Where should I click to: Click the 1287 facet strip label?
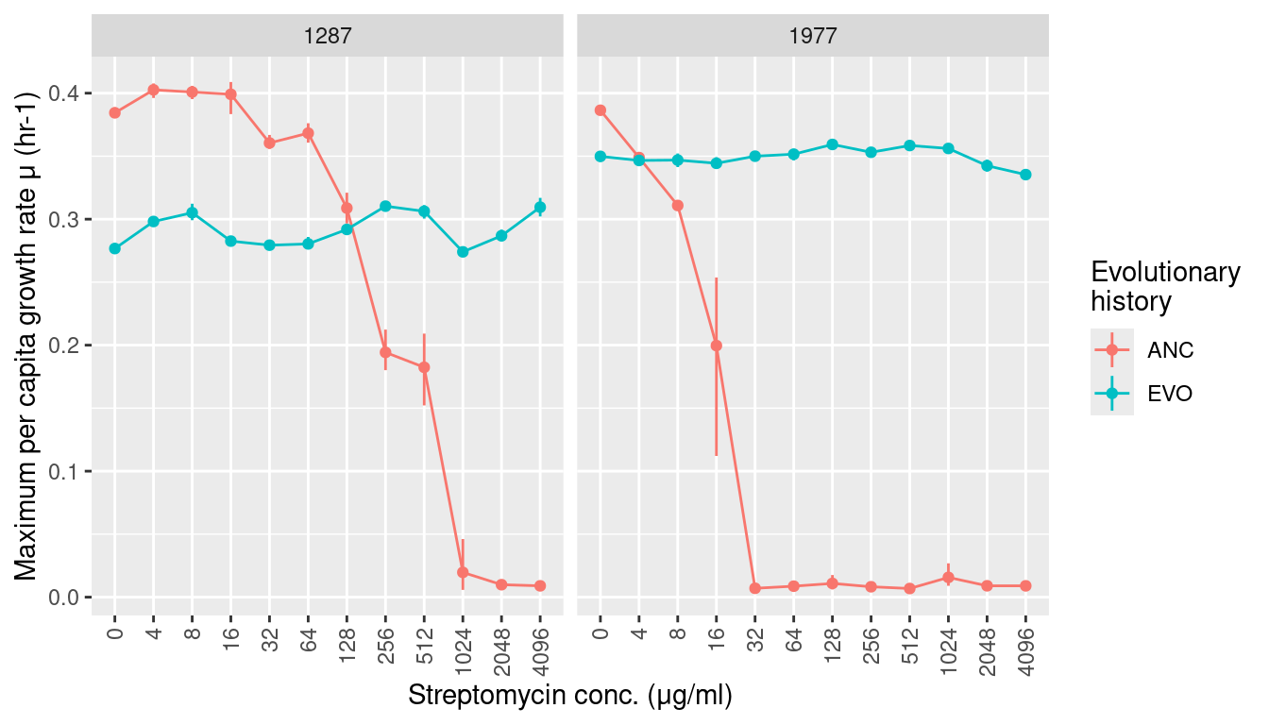pos(327,36)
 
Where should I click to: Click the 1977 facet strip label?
pos(812,36)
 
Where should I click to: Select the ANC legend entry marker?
pos(1112,350)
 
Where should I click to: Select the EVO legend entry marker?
pos(1112,394)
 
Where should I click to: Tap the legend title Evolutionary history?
pos(1164,287)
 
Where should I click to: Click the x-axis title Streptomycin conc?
pos(570,696)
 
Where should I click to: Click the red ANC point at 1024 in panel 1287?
pos(463,572)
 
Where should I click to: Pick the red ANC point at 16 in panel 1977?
pos(716,346)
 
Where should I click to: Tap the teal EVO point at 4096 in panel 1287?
pos(540,208)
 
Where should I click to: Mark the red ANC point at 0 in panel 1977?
pos(600,110)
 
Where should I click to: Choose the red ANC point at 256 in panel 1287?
pos(385,352)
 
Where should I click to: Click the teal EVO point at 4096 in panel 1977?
pos(1025,175)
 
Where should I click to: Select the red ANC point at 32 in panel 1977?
pos(754,588)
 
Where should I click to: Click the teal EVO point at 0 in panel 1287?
pos(115,248)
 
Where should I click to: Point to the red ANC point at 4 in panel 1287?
pos(153,90)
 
